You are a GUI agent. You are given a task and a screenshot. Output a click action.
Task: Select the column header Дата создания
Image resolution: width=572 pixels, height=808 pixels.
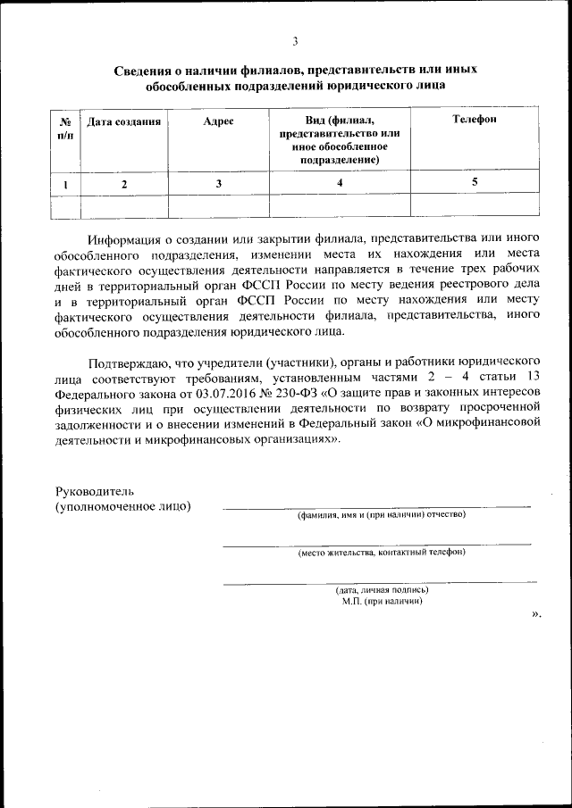pos(123,121)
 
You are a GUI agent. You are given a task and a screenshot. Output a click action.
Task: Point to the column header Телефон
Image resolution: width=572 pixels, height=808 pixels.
pos(474,119)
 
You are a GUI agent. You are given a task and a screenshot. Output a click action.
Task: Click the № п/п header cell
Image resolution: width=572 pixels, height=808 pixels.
pos(64,128)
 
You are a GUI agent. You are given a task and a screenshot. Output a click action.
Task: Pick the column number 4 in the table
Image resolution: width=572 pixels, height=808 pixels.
pos(340,182)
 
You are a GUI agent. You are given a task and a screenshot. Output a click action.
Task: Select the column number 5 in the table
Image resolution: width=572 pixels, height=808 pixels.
pos(475,181)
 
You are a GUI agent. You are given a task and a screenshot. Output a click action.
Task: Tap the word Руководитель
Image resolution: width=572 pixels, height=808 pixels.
pos(94,491)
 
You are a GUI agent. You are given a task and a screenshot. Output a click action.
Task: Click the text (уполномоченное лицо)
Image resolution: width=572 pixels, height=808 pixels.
pos(122,507)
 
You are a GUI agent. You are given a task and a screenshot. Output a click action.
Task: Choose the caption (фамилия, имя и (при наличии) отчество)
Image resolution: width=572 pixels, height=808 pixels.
pos(382,514)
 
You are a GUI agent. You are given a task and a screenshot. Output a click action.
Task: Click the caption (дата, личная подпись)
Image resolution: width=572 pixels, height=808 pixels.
pos(382,589)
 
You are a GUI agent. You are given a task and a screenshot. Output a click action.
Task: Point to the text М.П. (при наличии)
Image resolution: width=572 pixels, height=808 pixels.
pos(382,601)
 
